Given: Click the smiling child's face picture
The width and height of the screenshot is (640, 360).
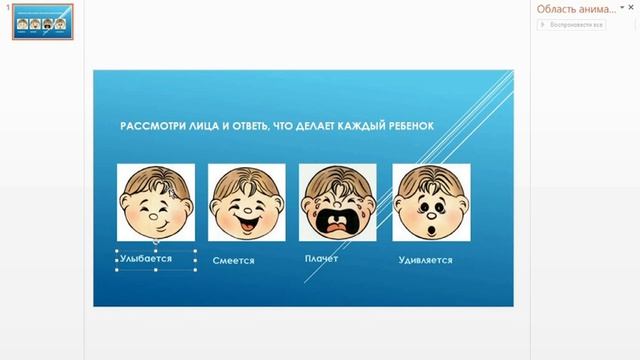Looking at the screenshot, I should click(x=155, y=202).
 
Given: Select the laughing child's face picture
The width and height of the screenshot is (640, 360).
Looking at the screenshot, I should click(x=246, y=202).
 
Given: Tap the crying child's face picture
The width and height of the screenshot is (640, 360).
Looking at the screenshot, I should click(x=338, y=202).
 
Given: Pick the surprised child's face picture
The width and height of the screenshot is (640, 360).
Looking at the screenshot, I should click(x=431, y=202).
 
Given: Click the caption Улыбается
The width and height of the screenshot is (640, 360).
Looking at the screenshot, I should click(x=146, y=258).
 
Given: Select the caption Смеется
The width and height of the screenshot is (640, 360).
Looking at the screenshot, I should click(x=233, y=261).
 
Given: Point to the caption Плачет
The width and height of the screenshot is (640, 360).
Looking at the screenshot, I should click(x=321, y=258).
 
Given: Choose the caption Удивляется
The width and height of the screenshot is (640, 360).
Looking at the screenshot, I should click(x=424, y=260).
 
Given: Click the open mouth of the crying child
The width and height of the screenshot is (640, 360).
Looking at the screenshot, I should click(x=338, y=223).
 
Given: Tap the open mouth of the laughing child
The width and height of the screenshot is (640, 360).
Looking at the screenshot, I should click(x=245, y=216).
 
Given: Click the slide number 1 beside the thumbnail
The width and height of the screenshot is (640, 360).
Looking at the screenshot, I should click(x=6, y=8).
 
